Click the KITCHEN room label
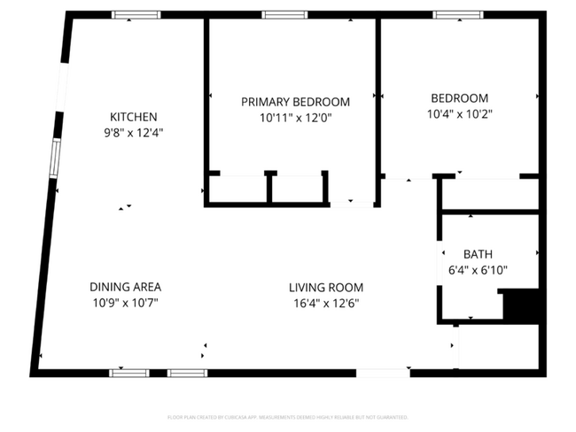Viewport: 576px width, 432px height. [133, 117]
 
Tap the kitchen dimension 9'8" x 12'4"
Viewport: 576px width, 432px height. [133, 132]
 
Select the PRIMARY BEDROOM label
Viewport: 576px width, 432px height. [295, 102]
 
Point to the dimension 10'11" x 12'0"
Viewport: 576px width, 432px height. [295, 117]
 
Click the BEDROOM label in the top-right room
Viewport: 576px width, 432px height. [459, 98]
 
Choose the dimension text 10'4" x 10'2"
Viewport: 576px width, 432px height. [459, 113]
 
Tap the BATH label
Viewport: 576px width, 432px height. [478, 254]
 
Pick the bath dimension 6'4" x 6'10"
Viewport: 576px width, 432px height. [478, 271]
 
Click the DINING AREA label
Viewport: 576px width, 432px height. [125, 287]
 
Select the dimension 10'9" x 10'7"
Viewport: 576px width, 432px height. [125, 303]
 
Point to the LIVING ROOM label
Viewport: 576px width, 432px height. [325, 288]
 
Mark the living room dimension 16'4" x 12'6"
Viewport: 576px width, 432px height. [325, 303]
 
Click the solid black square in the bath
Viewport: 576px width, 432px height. [520, 305]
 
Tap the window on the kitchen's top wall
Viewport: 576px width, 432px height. [136, 15]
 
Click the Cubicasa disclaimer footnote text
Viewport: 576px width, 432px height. [287, 416]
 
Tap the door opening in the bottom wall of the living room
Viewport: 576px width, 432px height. [383, 373]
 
